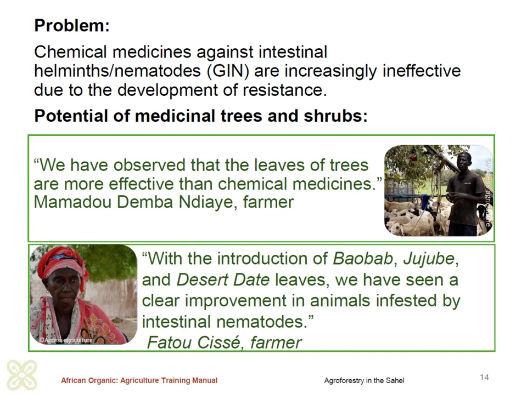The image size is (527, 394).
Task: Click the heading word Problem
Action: coord(70,26)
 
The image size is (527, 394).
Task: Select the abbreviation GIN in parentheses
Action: coord(228,71)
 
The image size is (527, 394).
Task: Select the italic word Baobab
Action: coord(362,259)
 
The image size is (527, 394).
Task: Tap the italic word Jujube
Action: coord(429,259)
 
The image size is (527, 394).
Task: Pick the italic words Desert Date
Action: coord(223,280)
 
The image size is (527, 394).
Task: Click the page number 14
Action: coord(484,377)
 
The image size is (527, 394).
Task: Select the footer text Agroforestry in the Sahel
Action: coord(364,381)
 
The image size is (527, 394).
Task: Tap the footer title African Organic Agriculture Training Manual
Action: coord(139,381)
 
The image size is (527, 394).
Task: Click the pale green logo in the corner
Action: coord(22,375)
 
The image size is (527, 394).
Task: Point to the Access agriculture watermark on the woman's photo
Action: coord(66,340)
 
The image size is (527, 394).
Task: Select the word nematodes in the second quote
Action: coord(260,322)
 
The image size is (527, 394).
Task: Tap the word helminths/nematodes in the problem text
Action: coord(117,71)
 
